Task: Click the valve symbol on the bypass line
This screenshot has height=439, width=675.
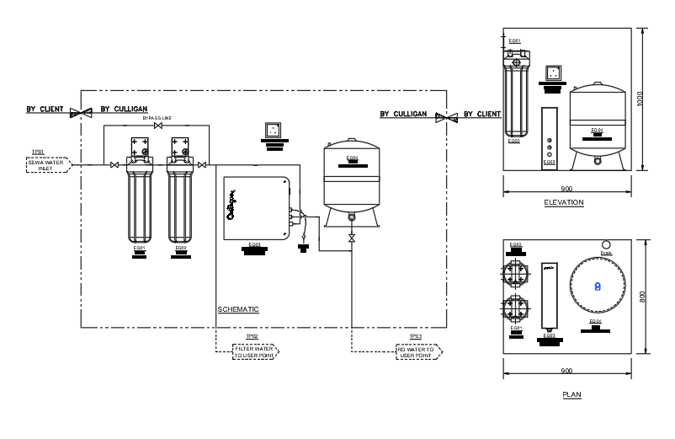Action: [x=157, y=126]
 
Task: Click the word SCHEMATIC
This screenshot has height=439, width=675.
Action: [x=238, y=309]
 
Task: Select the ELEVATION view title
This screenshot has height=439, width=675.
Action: [x=564, y=203]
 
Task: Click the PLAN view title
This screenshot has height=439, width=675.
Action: [x=571, y=394]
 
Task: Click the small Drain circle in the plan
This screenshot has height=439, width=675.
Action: [x=606, y=245]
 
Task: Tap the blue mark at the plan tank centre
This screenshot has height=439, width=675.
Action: [x=598, y=286]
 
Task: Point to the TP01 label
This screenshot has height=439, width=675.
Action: [x=38, y=153]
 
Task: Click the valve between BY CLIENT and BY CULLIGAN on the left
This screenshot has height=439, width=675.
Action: [x=82, y=111]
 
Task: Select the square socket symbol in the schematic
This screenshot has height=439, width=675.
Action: [x=274, y=130]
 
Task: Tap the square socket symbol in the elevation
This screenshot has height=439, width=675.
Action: [x=552, y=73]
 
